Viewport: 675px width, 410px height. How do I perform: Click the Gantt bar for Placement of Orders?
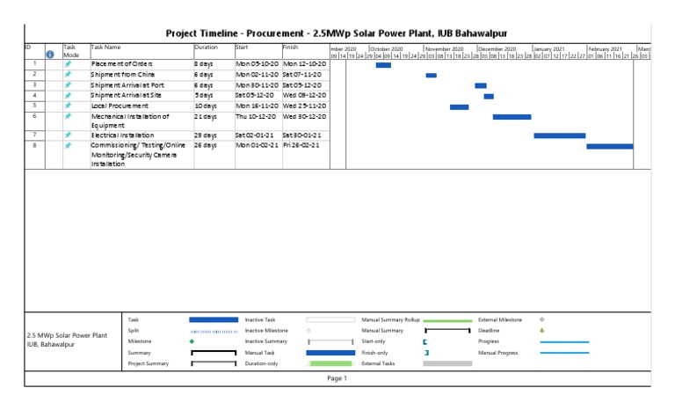[x=383, y=65]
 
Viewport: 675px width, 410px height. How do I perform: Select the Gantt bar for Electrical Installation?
[x=559, y=135]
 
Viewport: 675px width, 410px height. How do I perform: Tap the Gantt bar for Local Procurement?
[x=459, y=107]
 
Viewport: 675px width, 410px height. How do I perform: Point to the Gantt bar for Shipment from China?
[x=431, y=76]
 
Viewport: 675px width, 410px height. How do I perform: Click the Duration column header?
[x=206, y=46]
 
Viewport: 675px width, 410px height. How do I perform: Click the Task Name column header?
[x=105, y=46]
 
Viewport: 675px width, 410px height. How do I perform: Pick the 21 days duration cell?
[x=204, y=116]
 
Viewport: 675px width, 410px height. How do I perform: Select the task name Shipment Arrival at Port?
[x=130, y=85]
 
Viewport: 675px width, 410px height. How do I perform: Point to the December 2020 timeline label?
[x=497, y=49]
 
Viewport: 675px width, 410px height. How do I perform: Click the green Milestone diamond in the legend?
[x=192, y=340]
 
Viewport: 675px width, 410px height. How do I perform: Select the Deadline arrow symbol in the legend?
[x=542, y=330]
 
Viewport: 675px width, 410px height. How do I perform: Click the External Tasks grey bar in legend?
[x=447, y=362]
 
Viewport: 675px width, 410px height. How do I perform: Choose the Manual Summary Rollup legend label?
[x=391, y=319]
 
